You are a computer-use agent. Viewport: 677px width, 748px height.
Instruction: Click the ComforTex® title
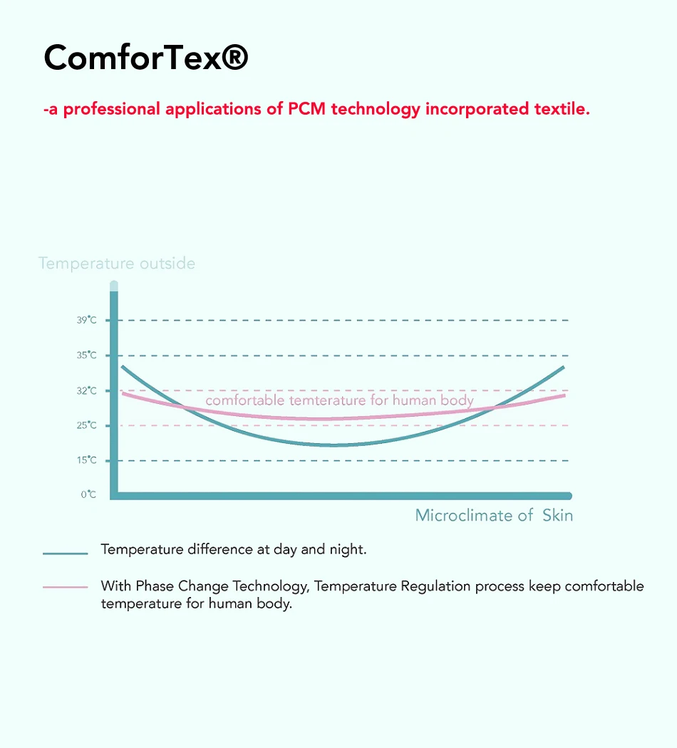145,58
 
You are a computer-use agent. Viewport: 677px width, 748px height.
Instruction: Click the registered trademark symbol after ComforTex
234,57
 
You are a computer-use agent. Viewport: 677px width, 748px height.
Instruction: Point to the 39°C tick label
87,321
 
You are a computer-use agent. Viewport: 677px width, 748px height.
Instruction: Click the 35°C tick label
87,355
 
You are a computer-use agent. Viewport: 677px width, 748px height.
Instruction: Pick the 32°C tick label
87,390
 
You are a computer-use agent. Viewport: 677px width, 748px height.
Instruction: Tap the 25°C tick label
87,425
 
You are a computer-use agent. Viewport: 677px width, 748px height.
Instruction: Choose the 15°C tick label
87,460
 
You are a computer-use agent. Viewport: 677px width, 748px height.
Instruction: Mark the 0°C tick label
88,494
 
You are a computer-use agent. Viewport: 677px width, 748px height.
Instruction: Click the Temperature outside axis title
117,264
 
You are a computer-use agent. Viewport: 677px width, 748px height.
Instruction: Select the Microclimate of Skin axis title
494,515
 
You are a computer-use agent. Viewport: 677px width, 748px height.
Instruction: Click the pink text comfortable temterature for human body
339,400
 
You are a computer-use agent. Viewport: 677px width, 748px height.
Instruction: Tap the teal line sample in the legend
65,553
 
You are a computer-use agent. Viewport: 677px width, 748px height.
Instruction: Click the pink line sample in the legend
65,587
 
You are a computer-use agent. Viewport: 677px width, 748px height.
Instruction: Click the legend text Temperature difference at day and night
234,549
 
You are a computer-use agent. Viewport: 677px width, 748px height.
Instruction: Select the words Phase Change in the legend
173,586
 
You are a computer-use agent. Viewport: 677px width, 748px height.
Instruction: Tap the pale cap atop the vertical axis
114,286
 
